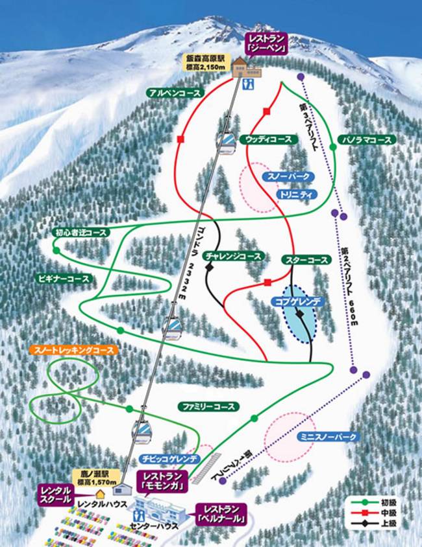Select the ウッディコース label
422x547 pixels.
pos(266,139)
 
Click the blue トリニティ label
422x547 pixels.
pos(296,194)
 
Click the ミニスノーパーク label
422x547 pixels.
pos(329,437)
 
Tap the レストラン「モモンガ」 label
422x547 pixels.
pos(162,480)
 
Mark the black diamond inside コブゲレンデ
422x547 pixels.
pos(299,314)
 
